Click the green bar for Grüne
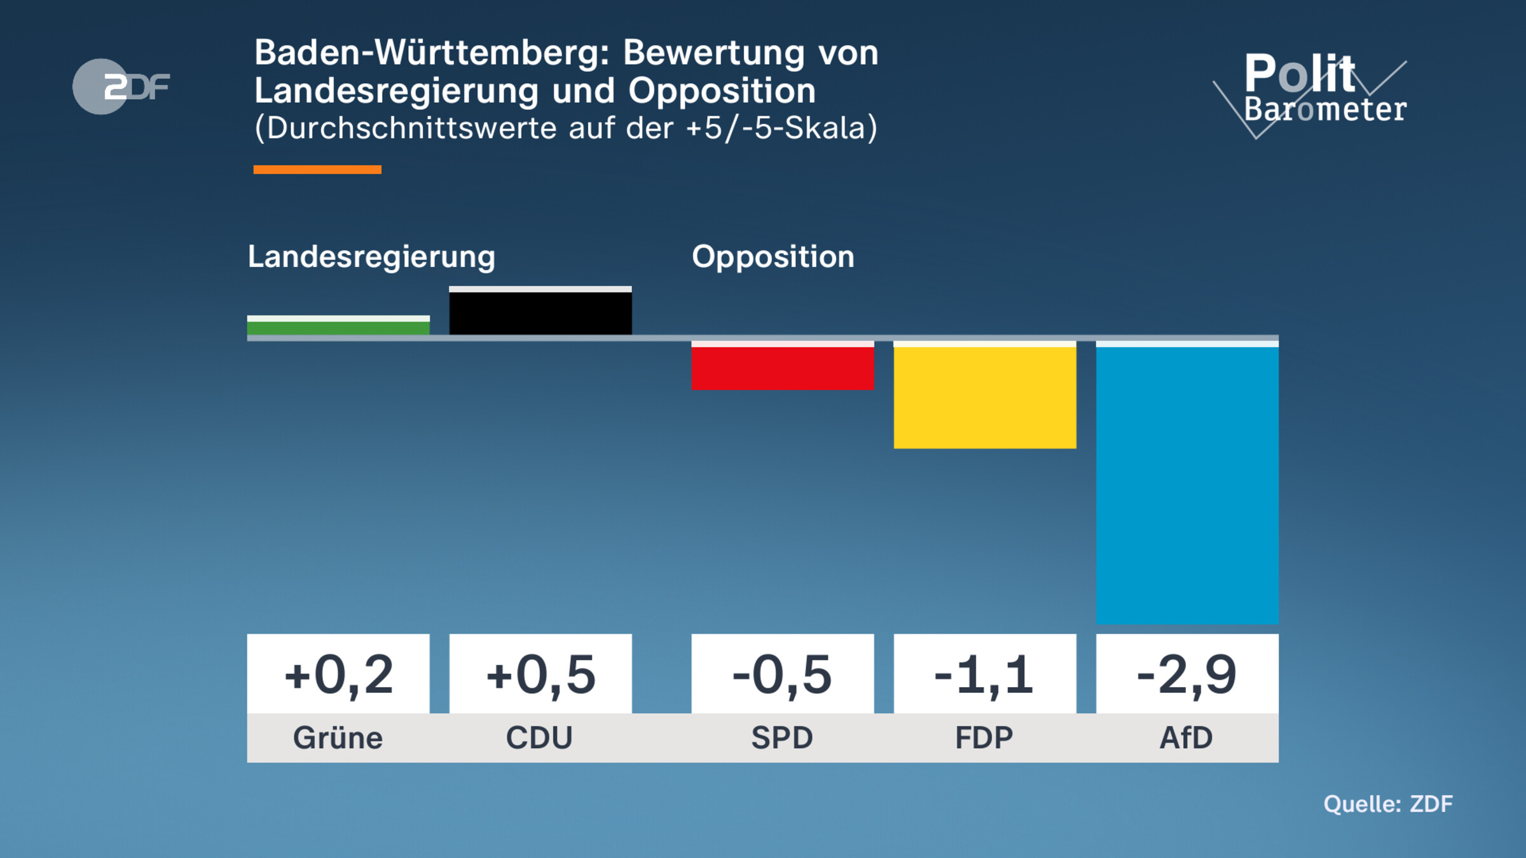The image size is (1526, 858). (338, 327)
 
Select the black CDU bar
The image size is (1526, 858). (540, 312)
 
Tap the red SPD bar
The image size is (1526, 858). (783, 367)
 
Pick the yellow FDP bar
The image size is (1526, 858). (985, 397)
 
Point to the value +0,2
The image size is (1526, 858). (338, 674)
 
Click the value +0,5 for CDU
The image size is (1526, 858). (540, 674)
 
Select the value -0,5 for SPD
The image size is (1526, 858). (783, 674)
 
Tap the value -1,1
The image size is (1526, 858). (985, 674)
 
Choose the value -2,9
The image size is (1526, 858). (1187, 674)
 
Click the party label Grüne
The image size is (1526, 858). (338, 738)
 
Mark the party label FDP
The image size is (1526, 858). (984, 738)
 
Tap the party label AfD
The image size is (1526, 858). (1186, 738)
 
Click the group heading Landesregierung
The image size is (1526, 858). (371, 257)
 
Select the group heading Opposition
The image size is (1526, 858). (773, 257)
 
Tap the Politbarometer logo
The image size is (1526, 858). (1316, 92)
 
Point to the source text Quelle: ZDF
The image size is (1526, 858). (1388, 804)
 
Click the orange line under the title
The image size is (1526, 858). (317, 170)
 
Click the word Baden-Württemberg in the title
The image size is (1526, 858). (432, 53)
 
